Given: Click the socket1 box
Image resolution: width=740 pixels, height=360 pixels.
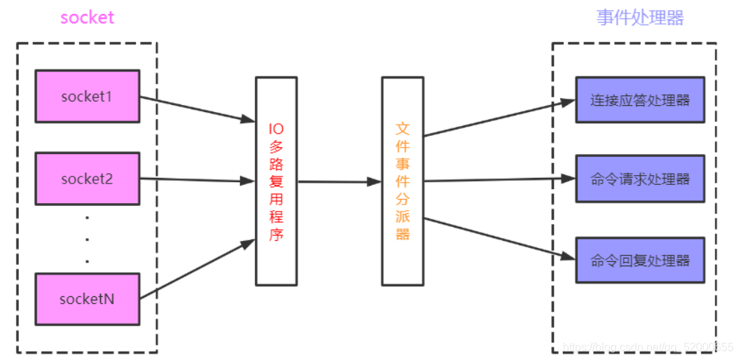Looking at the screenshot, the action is (x=88, y=96).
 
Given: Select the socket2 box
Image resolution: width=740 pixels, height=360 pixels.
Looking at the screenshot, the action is (x=88, y=179).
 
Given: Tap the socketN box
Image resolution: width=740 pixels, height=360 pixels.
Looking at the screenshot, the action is (x=88, y=299).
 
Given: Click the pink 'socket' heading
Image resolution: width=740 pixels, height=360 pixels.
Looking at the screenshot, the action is (x=87, y=18).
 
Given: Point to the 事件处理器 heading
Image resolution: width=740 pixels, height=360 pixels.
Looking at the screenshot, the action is (x=640, y=18).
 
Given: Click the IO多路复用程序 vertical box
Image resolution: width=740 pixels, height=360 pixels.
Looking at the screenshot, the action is (x=277, y=181).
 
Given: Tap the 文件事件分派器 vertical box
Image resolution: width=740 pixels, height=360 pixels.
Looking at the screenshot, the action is (x=403, y=181).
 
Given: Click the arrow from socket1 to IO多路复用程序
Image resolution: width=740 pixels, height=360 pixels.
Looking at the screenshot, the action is (x=197, y=109).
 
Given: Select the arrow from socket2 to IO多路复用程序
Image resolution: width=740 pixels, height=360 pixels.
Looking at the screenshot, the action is (x=197, y=180).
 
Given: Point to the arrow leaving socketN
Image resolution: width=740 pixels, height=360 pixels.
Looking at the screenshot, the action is (x=197, y=270).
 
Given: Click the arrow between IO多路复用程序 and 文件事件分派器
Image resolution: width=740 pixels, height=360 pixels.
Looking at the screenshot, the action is (x=340, y=182).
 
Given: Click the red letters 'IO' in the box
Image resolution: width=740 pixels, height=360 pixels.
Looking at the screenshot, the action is (x=277, y=129).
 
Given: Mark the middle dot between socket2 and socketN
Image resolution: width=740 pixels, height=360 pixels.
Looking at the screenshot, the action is (x=87, y=239).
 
